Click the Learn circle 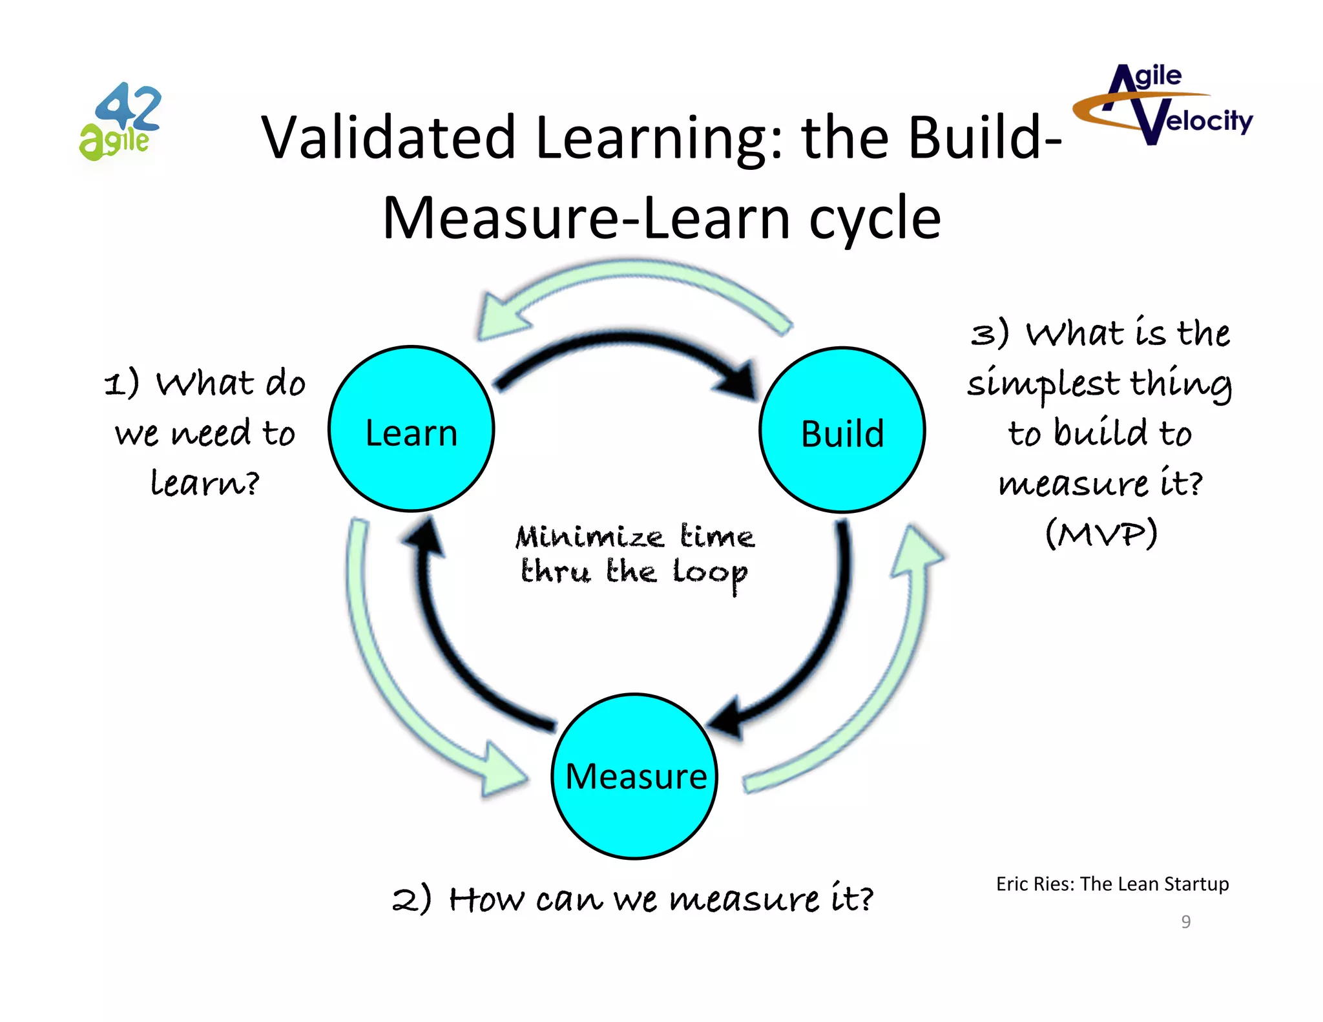pos(411,430)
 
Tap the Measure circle pos(635,776)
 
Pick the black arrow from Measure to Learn pos(446,646)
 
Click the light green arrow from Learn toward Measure pos(381,678)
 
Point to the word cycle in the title pos(875,218)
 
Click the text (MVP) pos(1101,533)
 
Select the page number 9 pos(1185,921)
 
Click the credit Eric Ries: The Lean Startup pos(1112,884)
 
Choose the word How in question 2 pos(486,899)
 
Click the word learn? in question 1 pos(205,483)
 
